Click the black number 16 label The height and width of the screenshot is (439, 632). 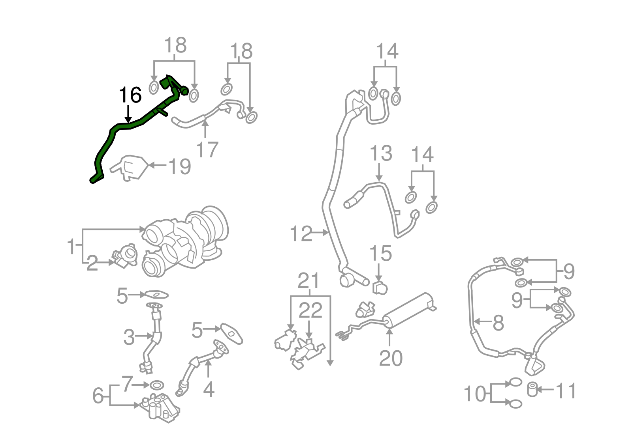[130, 95]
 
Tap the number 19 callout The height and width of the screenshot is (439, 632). [180, 166]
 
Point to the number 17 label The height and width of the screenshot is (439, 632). [207, 149]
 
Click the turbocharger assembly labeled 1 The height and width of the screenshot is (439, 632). [186, 241]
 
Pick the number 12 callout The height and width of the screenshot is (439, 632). [301, 234]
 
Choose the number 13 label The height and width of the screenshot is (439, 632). [381, 153]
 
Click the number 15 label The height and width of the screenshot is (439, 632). [380, 253]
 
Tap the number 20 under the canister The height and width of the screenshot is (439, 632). [391, 358]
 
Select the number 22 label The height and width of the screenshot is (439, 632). [310, 311]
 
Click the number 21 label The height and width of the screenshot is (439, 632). [308, 281]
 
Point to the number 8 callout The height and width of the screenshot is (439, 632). [498, 323]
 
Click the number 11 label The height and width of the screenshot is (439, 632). [566, 391]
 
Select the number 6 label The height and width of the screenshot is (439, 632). [98, 395]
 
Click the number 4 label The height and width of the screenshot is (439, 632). [209, 389]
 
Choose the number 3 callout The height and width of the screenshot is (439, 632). [129, 337]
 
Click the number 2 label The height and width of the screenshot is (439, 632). [92, 263]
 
